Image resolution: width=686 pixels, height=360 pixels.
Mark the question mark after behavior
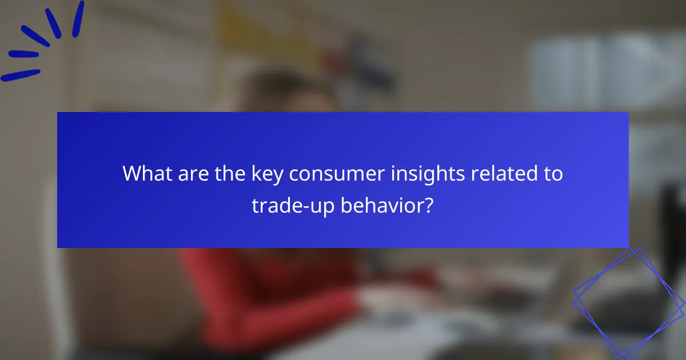429,205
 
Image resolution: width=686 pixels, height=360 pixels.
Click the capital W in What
133,174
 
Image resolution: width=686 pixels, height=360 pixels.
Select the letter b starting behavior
346,205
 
